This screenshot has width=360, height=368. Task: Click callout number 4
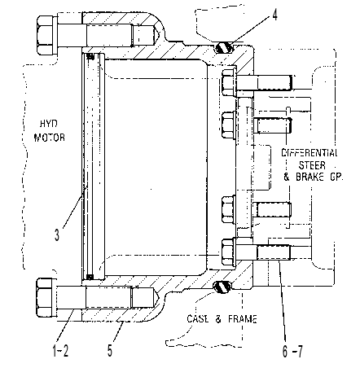coord(274,15)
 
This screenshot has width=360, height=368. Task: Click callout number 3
coord(57,234)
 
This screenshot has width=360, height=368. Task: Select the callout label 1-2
coord(60,351)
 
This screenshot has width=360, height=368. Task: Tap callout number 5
coord(110,351)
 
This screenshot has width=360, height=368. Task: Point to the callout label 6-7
coord(292,352)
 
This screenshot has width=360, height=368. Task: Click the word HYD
coord(49,124)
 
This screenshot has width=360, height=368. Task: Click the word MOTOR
coord(50,138)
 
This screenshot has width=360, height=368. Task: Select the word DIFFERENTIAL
coord(310,152)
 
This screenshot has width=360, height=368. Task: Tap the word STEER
coord(312,165)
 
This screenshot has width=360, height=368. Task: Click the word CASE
coord(198,318)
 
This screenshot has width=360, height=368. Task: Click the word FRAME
coord(243,318)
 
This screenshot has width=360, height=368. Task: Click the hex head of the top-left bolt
coord(46,35)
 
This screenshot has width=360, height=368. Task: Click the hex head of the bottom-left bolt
coord(46,297)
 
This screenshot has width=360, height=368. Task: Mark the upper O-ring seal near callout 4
coord(224,48)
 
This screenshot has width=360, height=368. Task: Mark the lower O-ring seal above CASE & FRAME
coord(222,287)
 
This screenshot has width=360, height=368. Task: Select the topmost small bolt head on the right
coord(229,82)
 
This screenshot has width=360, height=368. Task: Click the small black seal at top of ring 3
coord(90,56)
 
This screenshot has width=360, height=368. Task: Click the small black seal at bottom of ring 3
coord(90,277)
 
